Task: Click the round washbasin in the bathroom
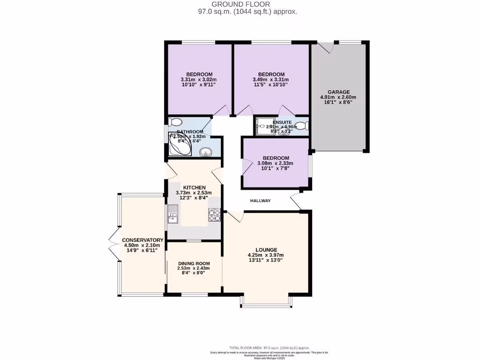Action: click(x=205, y=151)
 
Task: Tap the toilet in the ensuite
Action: click(x=304, y=126)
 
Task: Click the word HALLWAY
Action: click(x=260, y=201)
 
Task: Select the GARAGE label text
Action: click(x=338, y=92)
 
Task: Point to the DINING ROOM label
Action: click(x=194, y=263)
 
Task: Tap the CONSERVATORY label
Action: click(x=142, y=240)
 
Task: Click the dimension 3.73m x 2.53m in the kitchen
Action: click(x=194, y=193)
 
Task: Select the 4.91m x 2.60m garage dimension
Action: click(x=338, y=97)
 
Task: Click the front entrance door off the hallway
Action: click(x=296, y=201)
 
